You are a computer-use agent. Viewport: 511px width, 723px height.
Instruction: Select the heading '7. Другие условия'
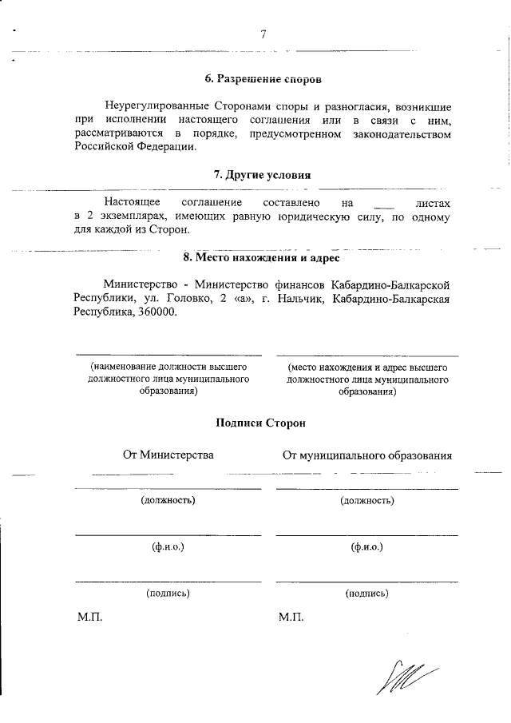[x=263, y=175]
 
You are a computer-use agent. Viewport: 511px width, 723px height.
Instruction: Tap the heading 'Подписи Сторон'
[x=261, y=423]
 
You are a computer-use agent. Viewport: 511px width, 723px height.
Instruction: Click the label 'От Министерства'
[x=168, y=455]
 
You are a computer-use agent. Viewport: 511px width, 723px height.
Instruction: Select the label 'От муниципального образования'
[x=367, y=455]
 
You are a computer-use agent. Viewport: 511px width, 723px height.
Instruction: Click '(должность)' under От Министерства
[x=168, y=501]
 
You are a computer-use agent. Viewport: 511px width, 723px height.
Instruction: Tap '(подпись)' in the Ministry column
[x=168, y=594]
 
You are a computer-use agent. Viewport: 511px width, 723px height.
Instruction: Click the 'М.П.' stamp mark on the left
[x=89, y=618]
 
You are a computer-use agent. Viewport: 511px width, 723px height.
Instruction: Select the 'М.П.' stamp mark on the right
[x=291, y=618]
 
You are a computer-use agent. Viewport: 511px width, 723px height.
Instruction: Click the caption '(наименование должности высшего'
[x=168, y=367]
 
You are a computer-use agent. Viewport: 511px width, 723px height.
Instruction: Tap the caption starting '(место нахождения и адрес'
[x=367, y=367]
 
